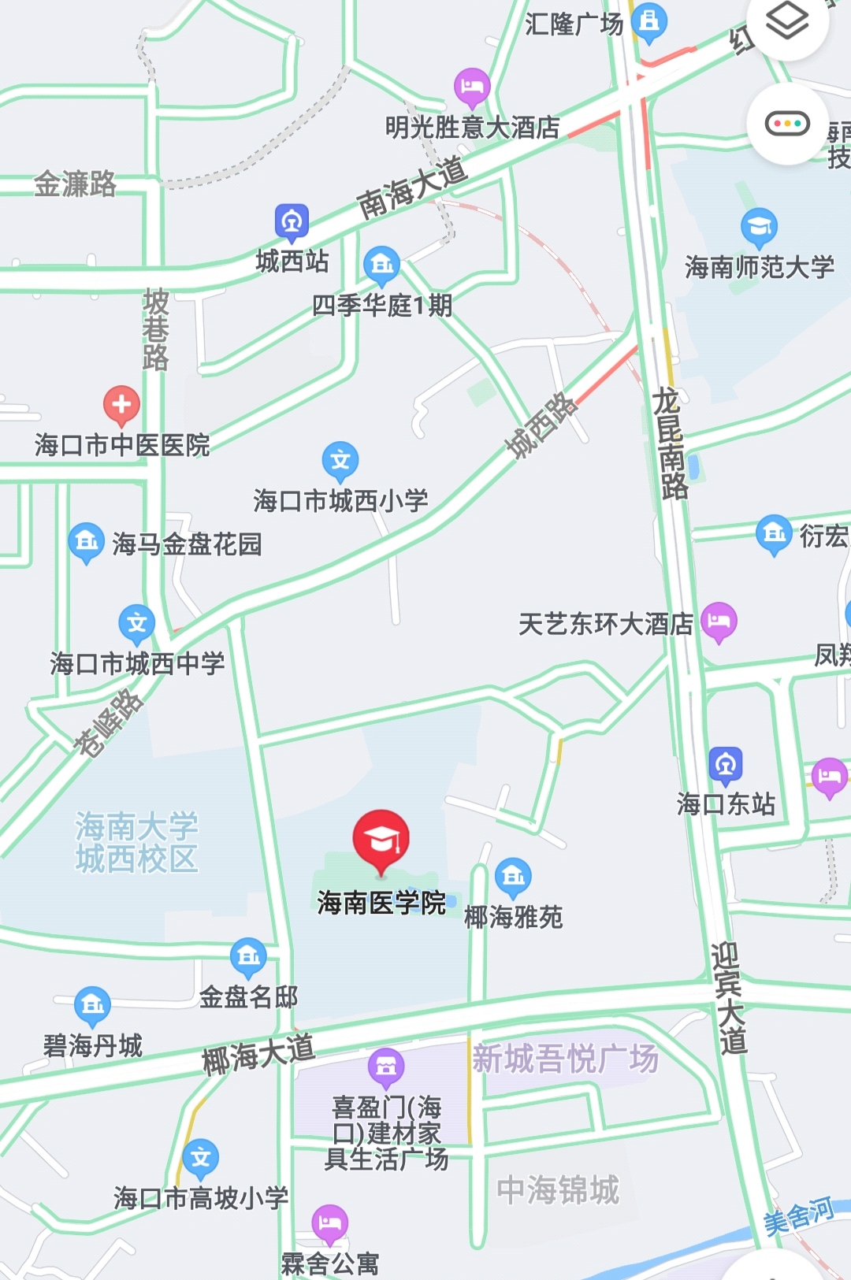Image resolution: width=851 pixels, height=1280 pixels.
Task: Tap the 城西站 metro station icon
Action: [292, 223]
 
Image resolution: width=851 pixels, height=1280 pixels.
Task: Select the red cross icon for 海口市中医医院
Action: [121, 405]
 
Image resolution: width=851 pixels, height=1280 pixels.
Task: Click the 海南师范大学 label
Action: [759, 267]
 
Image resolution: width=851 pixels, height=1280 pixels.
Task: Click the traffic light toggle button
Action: [787, 124]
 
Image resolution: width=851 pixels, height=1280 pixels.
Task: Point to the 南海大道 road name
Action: [412, 187]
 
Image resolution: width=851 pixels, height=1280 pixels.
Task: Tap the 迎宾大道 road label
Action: [728, 999]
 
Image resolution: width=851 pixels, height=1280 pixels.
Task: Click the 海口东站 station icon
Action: [726, 764]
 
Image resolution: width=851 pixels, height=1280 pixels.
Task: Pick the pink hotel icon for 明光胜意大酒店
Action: [472, 87]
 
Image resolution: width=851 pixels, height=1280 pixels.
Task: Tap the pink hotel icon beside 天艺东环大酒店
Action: [719, 621]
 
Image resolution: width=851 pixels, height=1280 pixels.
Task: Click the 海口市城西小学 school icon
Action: [340, 460]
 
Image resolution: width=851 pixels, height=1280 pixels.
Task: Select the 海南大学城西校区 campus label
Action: [136, 843]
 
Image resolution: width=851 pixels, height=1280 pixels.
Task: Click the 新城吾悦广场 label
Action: [565, 1059]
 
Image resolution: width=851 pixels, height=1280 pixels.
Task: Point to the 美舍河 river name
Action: [798, 1216]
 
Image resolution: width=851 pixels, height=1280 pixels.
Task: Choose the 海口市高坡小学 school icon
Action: [201, 1157]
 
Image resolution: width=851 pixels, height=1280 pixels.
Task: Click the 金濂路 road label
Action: [75, 184]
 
